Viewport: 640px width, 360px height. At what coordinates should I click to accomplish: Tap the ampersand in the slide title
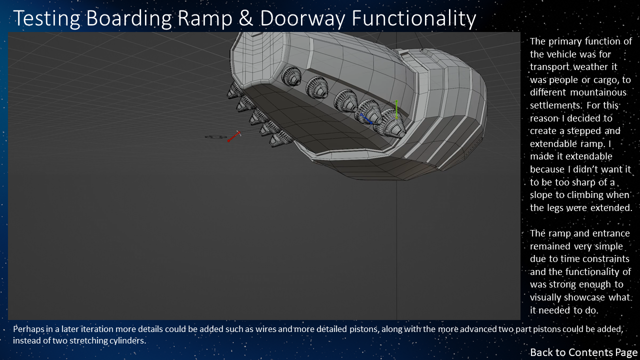click(x=250, y=19)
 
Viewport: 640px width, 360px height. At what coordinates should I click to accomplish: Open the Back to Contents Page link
click(x=583, y=352)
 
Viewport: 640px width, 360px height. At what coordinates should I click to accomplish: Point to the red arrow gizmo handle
click(x=234, y=136)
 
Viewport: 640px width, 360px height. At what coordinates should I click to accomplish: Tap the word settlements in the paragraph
click(x=555, y=105)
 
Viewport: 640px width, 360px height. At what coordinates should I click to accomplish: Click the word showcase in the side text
click(x=591, y=297)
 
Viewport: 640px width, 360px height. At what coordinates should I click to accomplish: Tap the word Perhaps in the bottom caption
click(x=29, y=329)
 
